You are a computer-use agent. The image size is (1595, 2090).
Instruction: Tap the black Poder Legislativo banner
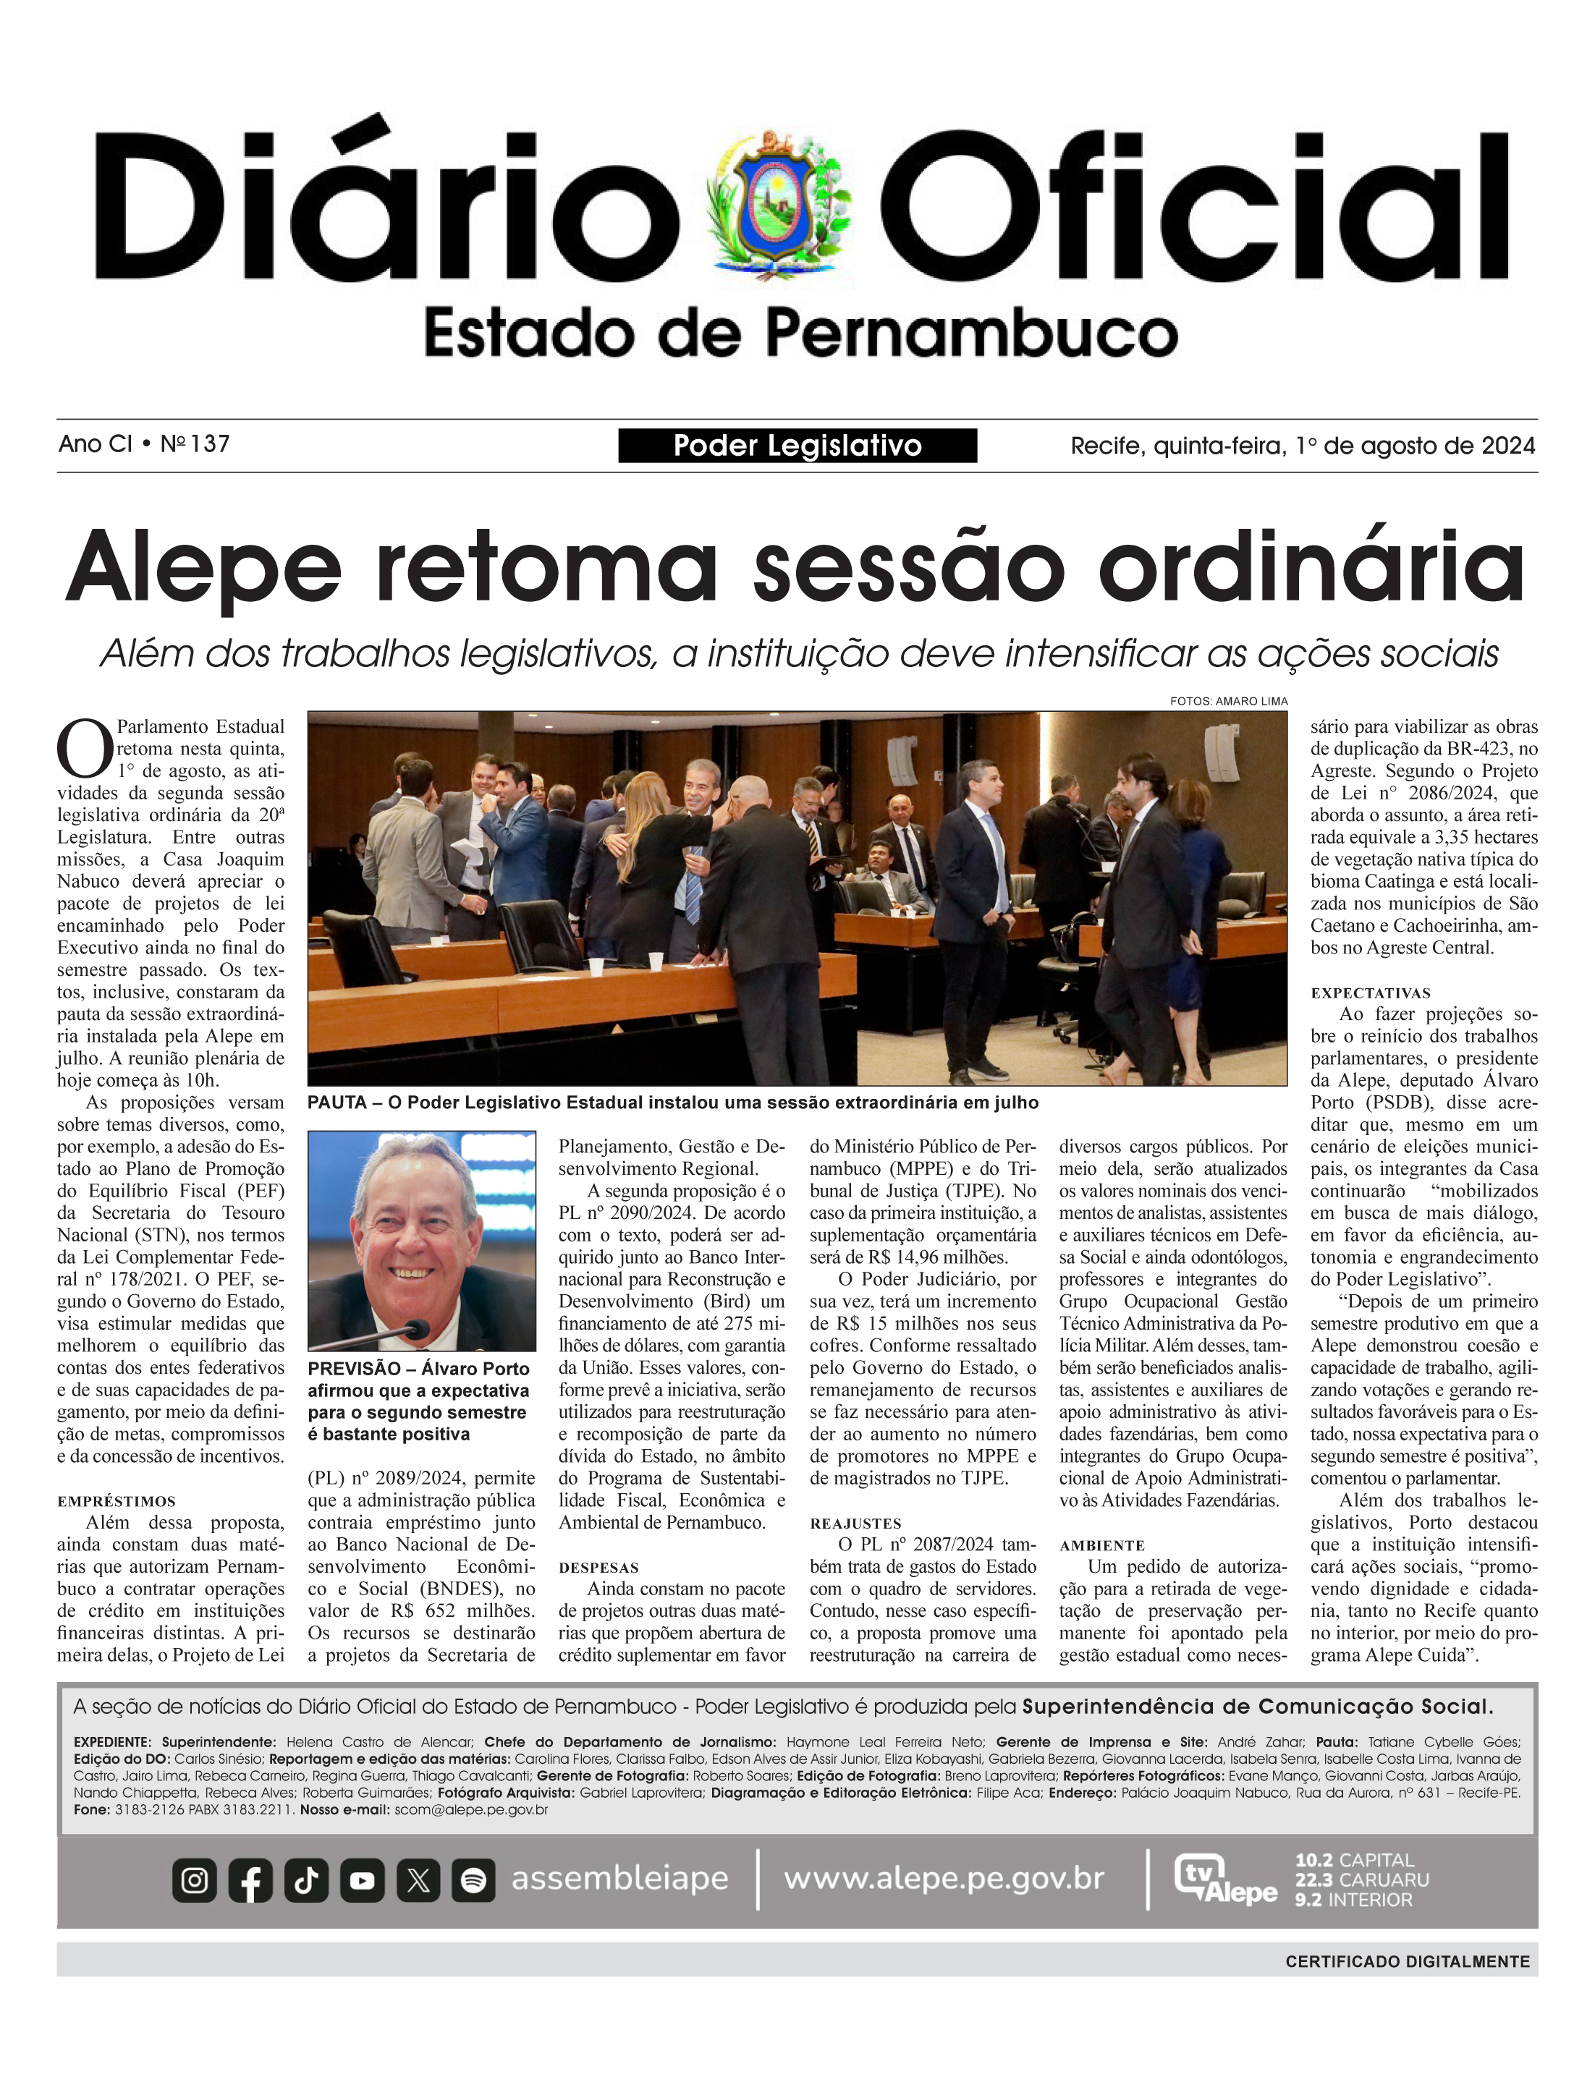pyautogui.click(x=797, y=445)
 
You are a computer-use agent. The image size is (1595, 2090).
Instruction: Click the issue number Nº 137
pyautogui.click(x=195, y=444)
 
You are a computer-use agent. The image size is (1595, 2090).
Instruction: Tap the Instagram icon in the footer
pyautogui.click(x=195, y=1879)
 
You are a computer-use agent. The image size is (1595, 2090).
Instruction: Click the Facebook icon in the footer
pyautogui.click(x=250, y=1879)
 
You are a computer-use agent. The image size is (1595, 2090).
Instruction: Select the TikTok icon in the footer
pyautogui.click(x=305, y=1879)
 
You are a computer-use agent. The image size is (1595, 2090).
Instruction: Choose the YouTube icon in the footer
pyautogui.click(x=362, y=1879)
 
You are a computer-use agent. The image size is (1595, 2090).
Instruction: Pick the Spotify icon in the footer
pyautogui.click(x=474, y=1879)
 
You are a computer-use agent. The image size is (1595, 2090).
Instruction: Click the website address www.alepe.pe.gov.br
pyautogui.click(x=944, y=1878)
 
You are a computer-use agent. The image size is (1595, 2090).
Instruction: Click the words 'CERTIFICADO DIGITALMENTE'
pyautogui.click(x=1407, y=1961)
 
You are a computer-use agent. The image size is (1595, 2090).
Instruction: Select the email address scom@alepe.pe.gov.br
pyautogui.click(x=471, y=1810)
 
